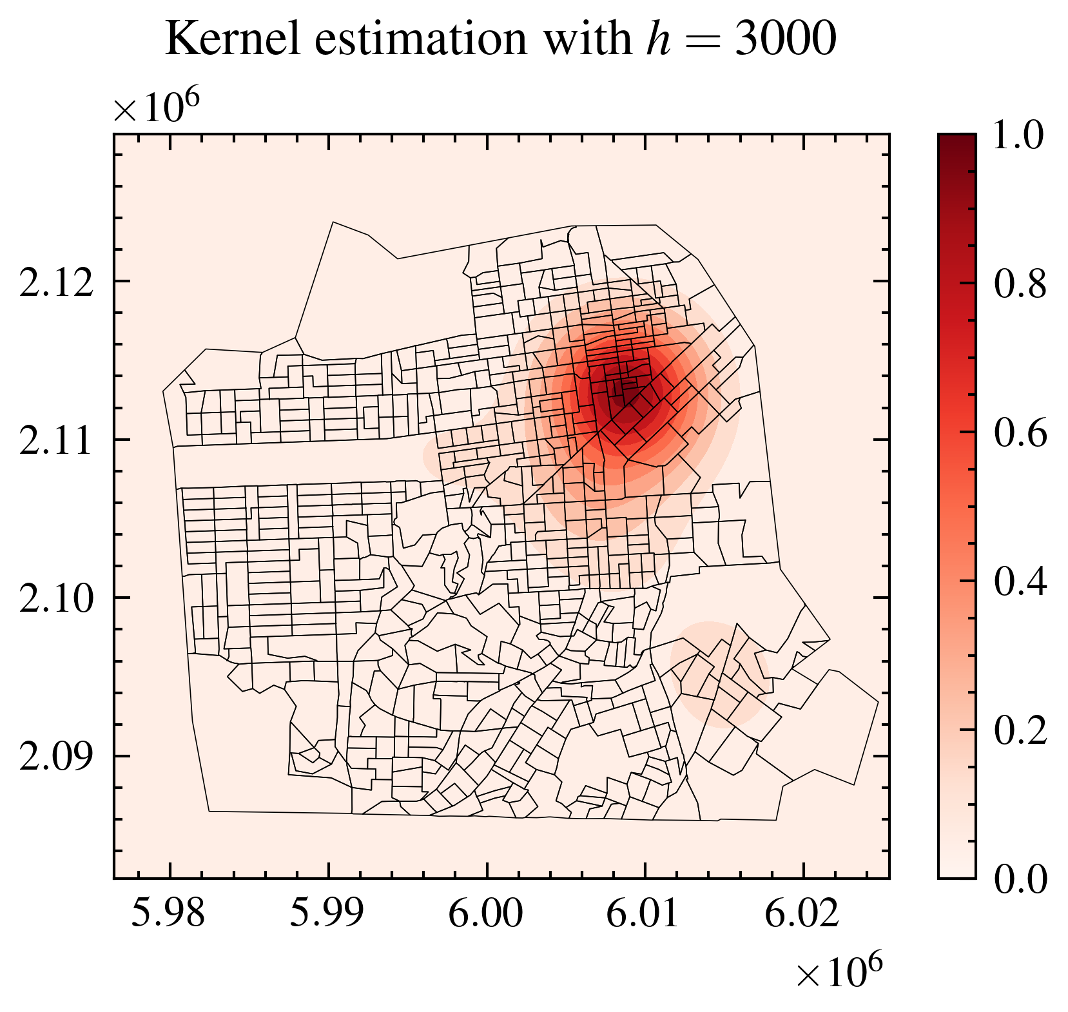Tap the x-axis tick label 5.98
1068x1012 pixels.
(169, 914)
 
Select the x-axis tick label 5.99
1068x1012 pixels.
(327, 914)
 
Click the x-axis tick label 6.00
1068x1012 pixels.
(486, 914)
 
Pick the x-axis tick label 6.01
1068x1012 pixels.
(644, 914)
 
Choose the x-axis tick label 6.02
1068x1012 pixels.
(802, 914)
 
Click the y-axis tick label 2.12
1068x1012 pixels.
(57, 284)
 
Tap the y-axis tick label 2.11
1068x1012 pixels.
(57, 442)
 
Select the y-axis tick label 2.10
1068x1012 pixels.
(57, 600)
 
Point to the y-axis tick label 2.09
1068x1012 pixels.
(57, 758)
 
